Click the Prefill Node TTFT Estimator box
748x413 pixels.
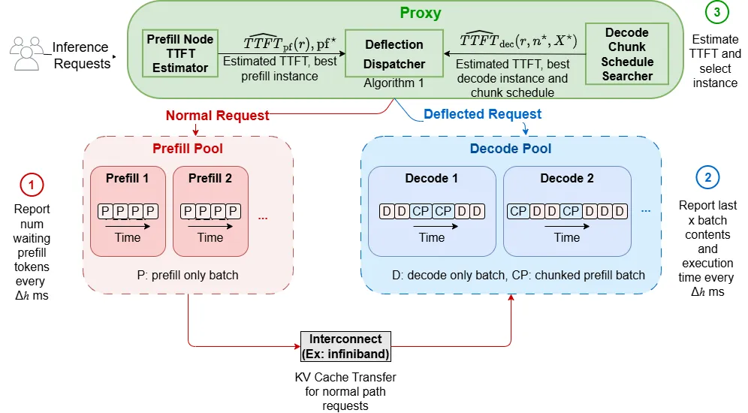[180, 53]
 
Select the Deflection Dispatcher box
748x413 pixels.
[394, 53]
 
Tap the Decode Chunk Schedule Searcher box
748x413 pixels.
[627, 54]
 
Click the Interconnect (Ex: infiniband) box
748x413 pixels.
[346, 347]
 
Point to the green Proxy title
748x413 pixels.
[421, 13]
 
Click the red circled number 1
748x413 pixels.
[32, 185]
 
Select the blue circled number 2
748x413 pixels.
[708, 177]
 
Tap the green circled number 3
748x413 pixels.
[716, 11]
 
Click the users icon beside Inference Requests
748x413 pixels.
[27, 53]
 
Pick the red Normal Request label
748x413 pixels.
[218, 116]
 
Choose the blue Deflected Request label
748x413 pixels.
[482, 114]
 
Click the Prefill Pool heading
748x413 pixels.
[188, 149]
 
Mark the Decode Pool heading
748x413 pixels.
[511, 149]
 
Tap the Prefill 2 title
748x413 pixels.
[210, 179]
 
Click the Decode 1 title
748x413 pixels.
[431, 179]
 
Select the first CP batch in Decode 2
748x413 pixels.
[518, 211]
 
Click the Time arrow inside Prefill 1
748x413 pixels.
[128, 227]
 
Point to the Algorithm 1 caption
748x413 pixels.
[394, 83]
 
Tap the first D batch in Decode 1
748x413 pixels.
[387, 211]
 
